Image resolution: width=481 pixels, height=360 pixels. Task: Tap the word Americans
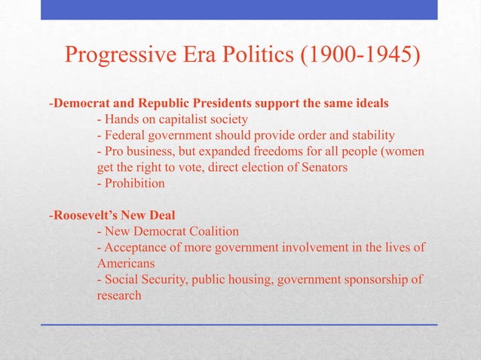[x=125, y=264]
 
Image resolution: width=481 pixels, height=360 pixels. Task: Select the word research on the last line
[x=119, y=296]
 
